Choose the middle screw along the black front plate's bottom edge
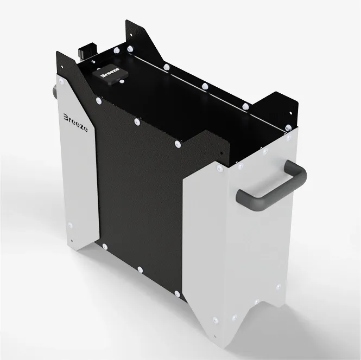pyautogui.click(x=140, y=268)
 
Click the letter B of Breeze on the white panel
pyautogui.click(x=66, y=117)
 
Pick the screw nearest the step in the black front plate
pyautogui.click(x=178, y=144)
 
